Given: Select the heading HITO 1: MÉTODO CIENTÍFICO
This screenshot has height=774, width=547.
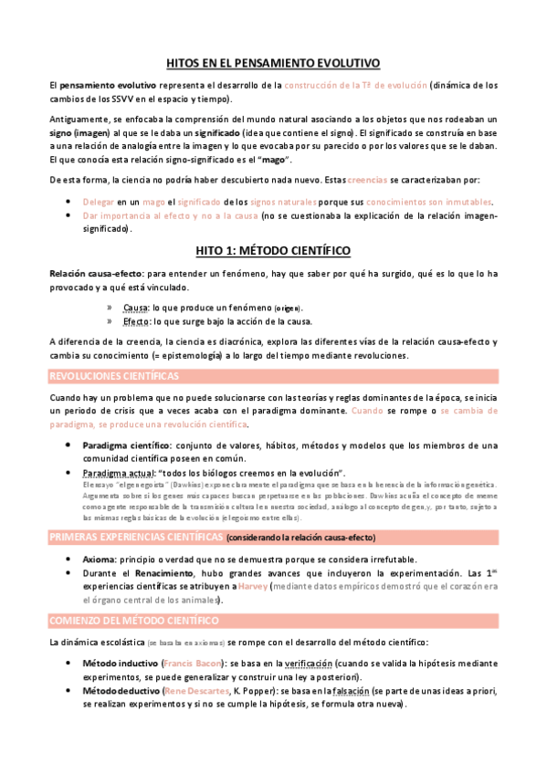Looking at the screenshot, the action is pos(274,249).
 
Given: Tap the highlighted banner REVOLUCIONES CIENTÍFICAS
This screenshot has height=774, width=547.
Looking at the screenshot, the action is pos(114,376).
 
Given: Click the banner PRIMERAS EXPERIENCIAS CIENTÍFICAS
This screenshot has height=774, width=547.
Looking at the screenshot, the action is pos(136,536).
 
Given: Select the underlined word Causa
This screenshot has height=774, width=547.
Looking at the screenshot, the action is pos(135,308).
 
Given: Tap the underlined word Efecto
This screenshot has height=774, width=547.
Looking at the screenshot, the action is pos(136,321).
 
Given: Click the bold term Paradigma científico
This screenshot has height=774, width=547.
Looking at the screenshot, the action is pos(127,445).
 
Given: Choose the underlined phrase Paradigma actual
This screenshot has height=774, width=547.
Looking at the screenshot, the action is pos(117,473).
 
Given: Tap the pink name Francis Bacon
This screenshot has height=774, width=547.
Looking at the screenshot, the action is pos(187,664).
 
